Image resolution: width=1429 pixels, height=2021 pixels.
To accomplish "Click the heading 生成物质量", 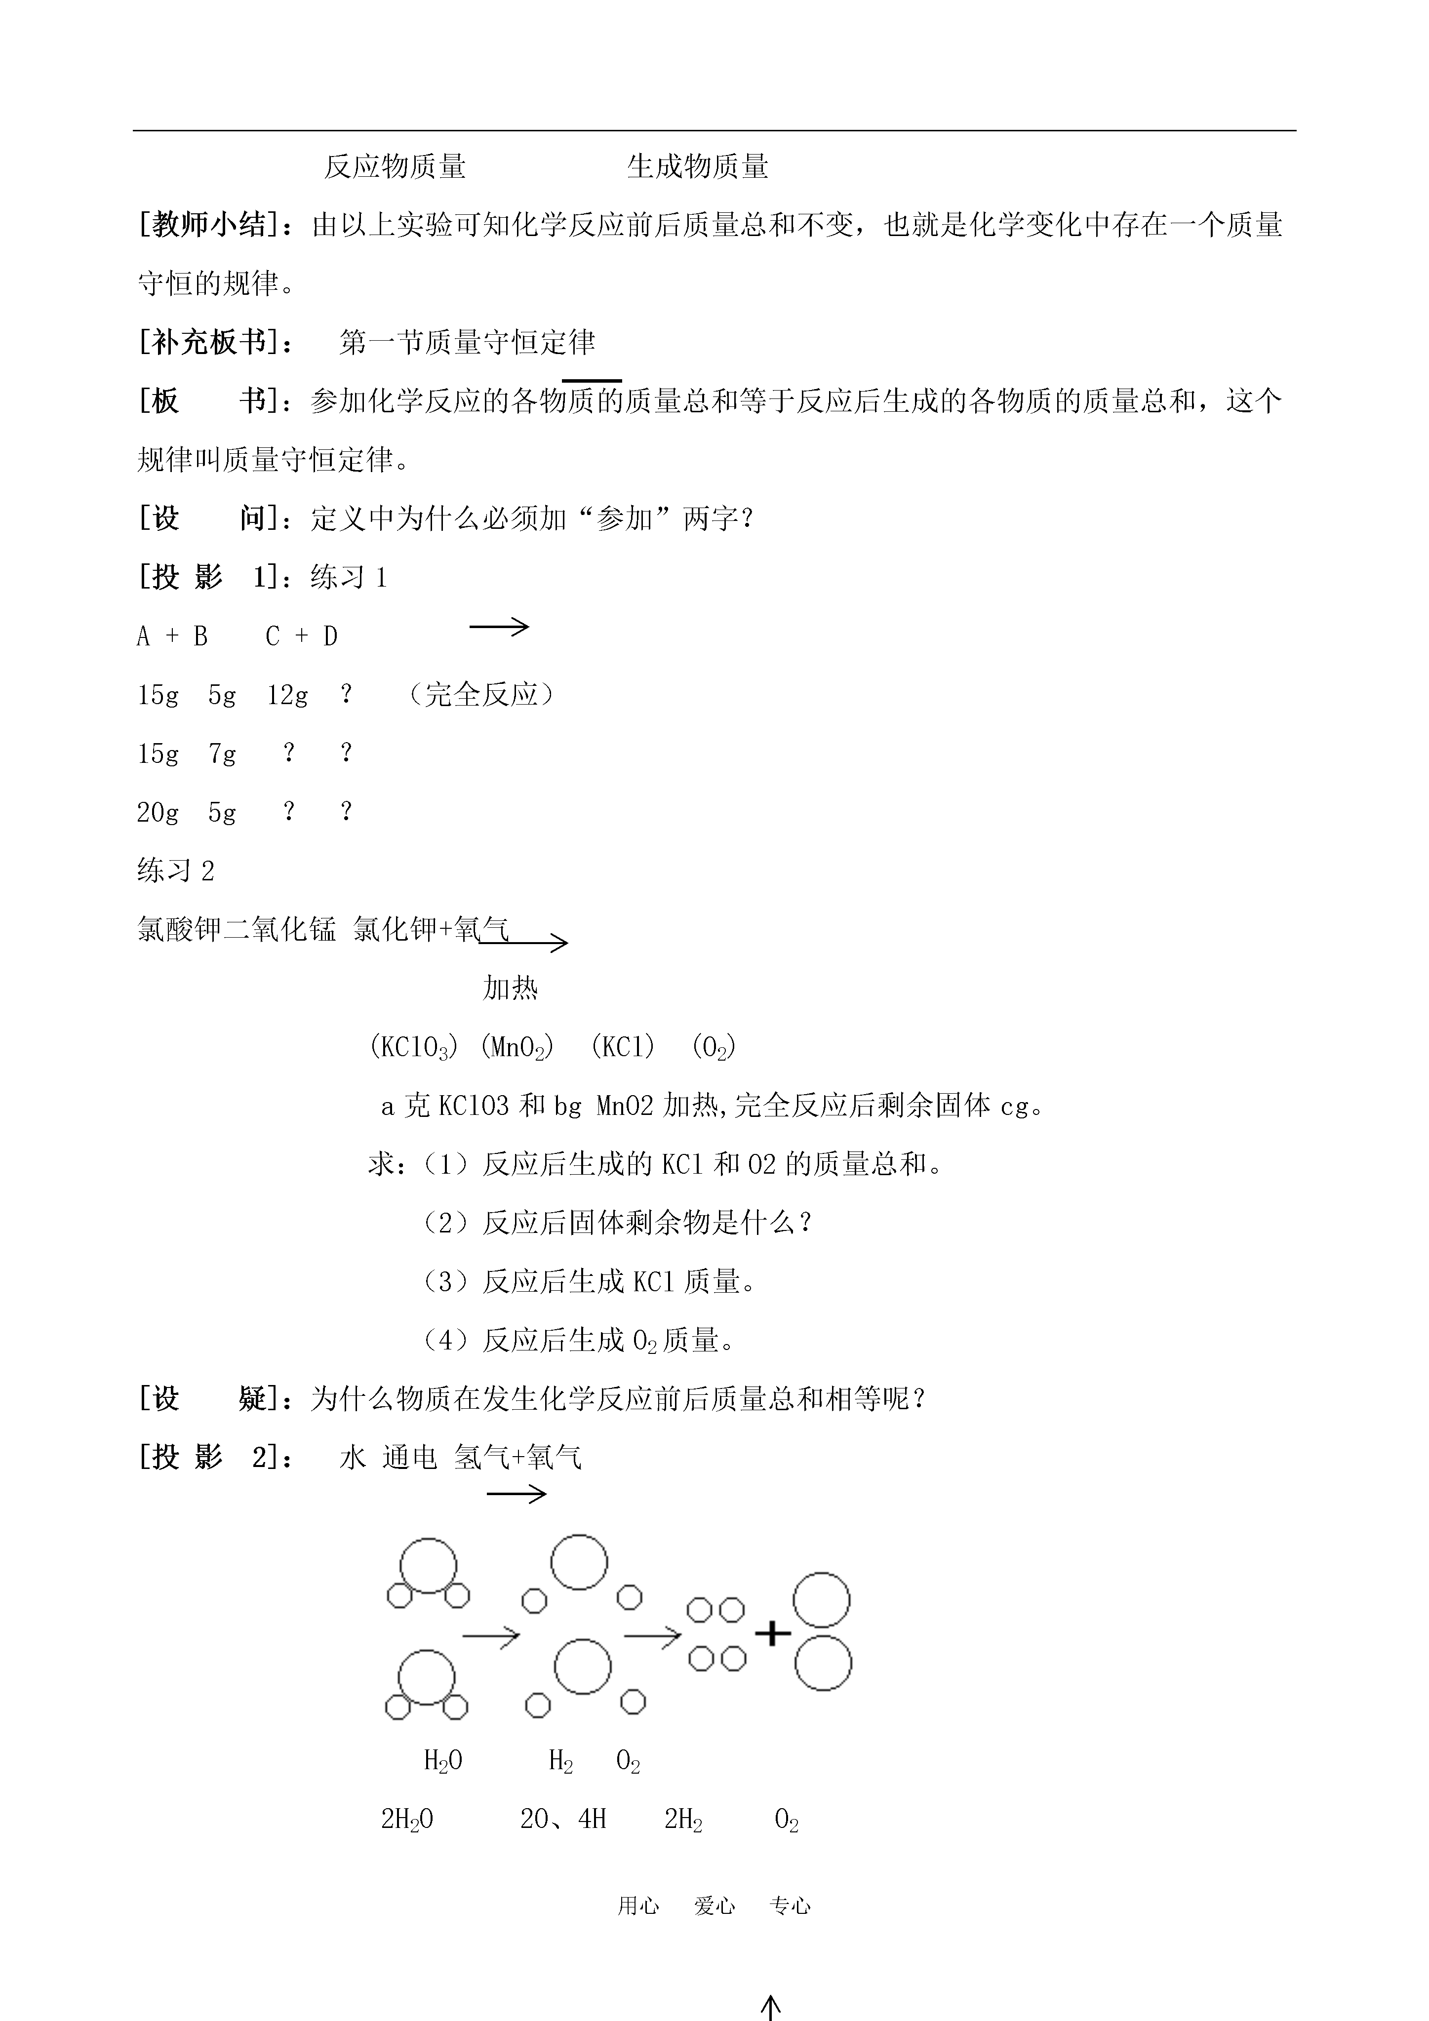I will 697,166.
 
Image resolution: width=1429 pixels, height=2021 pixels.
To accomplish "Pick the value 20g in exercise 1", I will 158,812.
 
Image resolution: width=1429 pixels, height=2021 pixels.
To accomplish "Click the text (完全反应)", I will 481,695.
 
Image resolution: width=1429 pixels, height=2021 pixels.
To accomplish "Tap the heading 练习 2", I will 176,872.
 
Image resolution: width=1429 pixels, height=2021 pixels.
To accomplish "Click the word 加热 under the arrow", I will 510,989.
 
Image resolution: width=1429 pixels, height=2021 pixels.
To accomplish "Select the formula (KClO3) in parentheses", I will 413,1047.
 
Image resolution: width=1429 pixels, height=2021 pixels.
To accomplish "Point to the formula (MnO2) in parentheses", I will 517,1047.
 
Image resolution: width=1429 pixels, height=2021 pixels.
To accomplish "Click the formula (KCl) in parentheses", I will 623,1047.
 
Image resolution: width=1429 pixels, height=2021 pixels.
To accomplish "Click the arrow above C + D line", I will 499,627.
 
